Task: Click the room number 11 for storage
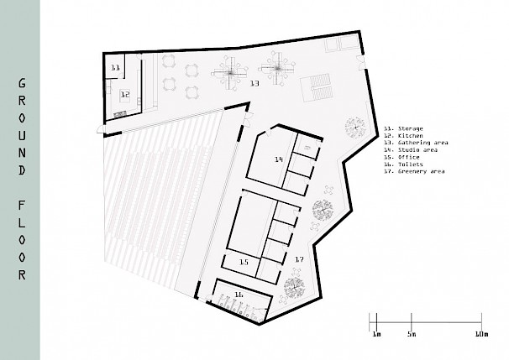116,67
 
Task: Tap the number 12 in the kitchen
125,94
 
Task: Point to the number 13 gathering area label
254,83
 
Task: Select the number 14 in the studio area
279,159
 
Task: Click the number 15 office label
244,262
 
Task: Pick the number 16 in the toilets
239,295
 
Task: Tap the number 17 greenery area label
299,259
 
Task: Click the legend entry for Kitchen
403,136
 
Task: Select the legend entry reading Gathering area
416,143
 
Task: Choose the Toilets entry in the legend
403,164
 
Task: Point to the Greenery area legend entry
414,171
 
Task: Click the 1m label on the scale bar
376,334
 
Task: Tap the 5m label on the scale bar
412,334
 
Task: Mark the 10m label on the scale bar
482,334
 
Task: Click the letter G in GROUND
22,83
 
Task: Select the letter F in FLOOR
22,205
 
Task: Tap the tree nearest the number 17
295,287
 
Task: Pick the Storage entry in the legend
403,128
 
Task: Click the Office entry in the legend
401,157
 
